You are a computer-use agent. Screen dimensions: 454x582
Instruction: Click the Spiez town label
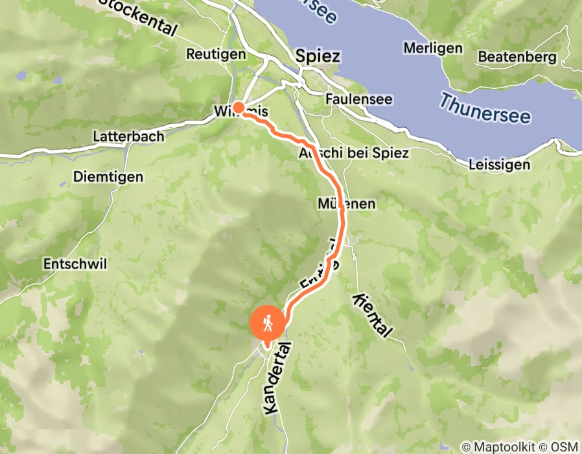[317, 56]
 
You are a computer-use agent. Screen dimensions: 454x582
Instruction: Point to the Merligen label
[432, 48]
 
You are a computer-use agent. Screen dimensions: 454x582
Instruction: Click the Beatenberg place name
[517, 57]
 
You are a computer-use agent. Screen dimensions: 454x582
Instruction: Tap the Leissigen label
[499, 165]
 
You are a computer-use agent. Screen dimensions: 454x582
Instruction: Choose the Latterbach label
[128, 137]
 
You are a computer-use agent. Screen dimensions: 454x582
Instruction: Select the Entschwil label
[75, 264]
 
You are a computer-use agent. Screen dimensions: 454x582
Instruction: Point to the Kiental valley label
[372, 315]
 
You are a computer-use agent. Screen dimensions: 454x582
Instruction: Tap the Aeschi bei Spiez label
[354, 154]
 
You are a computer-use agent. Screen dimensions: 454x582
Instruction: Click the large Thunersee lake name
[485, 108]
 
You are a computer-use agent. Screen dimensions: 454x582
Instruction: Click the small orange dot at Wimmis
[238, 108]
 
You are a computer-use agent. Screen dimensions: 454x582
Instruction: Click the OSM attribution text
[564, 447]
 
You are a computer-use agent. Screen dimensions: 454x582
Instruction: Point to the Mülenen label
[347, 204]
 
